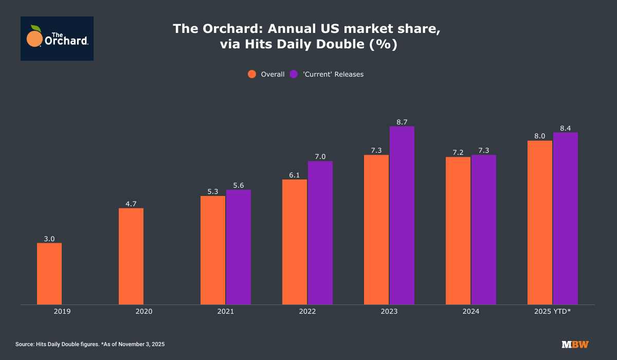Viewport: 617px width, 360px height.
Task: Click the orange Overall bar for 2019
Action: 49,274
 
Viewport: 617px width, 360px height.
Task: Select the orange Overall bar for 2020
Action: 131,256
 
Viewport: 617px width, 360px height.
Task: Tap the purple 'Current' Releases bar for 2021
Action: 239,247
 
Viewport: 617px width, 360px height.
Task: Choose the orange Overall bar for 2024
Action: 458,230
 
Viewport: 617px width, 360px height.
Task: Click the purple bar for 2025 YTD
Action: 566,218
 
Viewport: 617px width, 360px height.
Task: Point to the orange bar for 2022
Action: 295,242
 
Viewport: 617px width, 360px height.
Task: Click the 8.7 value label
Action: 402,122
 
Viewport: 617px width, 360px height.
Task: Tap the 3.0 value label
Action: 49,239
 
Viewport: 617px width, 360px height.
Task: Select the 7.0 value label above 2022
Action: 320,157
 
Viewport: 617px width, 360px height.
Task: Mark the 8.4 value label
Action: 566,128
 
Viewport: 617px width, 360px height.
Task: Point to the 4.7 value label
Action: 131,204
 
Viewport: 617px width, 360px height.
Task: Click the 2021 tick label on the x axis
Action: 226,311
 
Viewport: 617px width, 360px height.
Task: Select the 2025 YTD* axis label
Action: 553,311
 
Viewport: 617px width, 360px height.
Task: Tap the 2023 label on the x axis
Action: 389,311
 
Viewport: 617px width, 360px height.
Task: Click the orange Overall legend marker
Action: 252,74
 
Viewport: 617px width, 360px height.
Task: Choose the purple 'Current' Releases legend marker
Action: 294,74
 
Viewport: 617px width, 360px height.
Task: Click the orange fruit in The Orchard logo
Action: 34,39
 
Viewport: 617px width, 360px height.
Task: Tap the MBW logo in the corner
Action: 575,344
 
